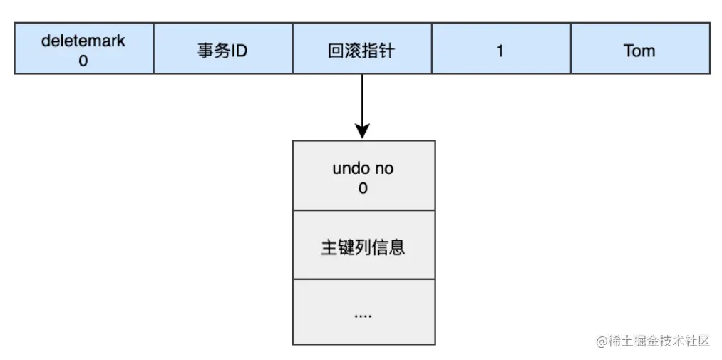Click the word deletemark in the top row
click(83, 41)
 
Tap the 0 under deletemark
click(83, 61)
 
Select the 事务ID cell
click(222, 51)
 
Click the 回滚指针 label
click(362, 51)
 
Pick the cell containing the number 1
click(500, 51)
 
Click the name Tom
click(639, 51)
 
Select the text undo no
click(363, 169)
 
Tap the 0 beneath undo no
click(363, 189)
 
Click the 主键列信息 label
click(363, 247)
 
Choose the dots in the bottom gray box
click(363, 314)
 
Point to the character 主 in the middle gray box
click(329, 247)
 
